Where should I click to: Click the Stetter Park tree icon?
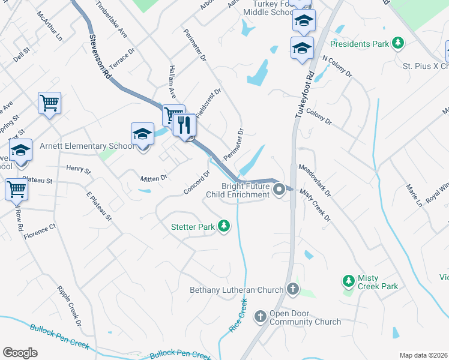tap(224, 226)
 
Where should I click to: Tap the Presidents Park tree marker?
tap(396, 43)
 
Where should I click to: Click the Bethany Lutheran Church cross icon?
tap(292, 290)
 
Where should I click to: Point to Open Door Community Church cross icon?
tap(260, 316)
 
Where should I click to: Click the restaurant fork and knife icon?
tap(184, 125)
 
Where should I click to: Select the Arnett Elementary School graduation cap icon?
tap(143, 134)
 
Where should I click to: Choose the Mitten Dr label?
tap(154, 178)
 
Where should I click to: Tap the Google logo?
tap(20, 353)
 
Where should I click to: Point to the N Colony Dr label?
tap(337, 67)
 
